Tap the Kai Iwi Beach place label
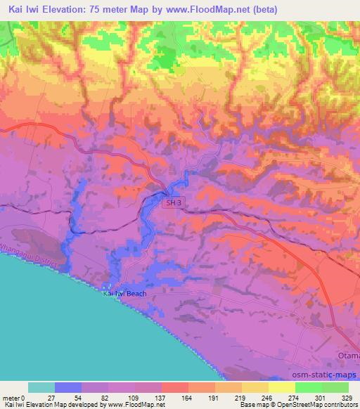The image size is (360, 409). (125, 293)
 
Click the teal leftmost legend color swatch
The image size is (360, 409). (41, 387)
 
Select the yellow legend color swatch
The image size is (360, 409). (281, 387)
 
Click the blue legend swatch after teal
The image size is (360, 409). (68, 387)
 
